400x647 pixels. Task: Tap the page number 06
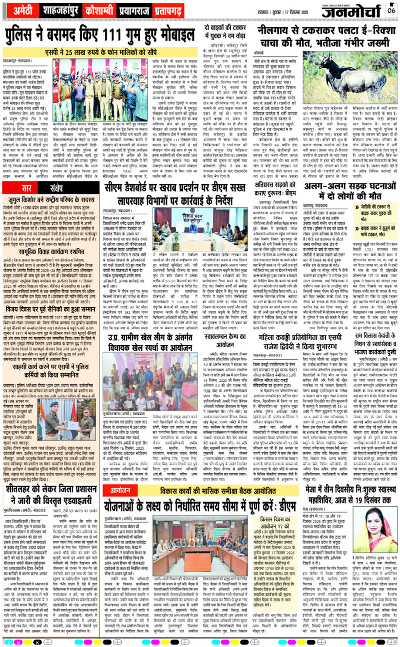coord(392,9)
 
